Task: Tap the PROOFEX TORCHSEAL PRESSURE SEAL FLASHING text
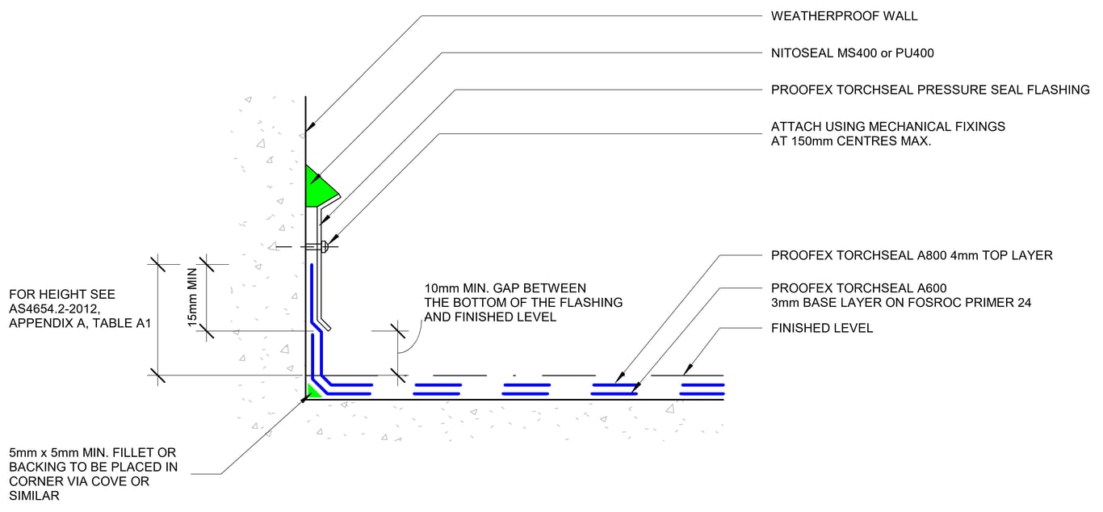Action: [x=930, y=90]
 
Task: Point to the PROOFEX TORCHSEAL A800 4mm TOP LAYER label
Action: [x=912, y=255]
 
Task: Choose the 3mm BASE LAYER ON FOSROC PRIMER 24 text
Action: [x=901, y=303]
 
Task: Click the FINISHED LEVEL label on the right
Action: [x=822, y=328]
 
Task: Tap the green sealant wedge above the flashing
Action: [x=320, y=189]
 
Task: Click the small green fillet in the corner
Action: [x=312, y=392]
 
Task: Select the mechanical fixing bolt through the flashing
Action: [x=324, y=246]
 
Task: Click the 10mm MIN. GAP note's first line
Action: [x=505, y=288]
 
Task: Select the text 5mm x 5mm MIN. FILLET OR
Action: [x=92, y=452]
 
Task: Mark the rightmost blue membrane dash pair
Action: [x=702, y=390]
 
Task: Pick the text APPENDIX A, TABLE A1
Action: [x=78, y=324]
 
